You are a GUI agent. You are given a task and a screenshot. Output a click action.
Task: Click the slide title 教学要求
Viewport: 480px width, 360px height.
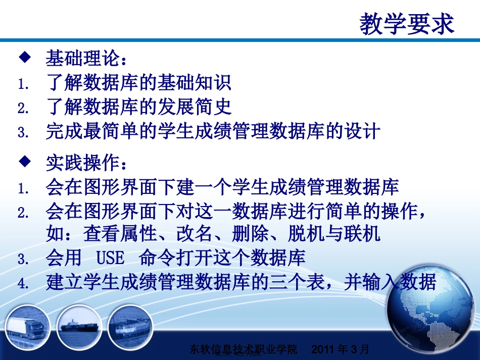tap(407, 24)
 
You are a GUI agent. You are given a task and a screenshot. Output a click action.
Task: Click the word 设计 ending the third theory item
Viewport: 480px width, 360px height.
tap(363, 132)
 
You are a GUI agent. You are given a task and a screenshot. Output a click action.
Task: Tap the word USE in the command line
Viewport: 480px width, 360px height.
tap(110, 258)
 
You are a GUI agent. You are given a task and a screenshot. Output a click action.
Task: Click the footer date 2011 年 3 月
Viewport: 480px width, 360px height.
tap(341, 349)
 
